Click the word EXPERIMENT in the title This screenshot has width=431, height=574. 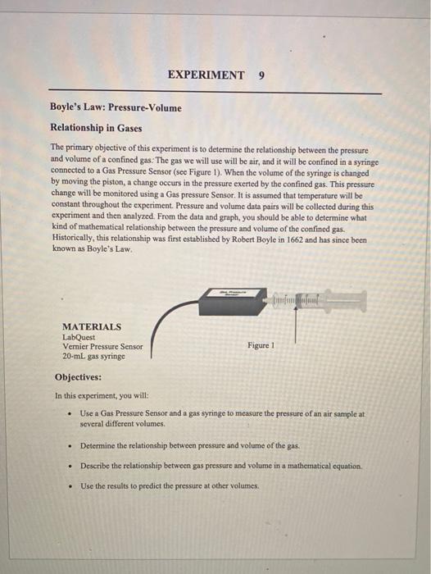pyautogui.click(x=206, y=75)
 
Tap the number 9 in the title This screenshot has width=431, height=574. pyautogui.click(x=261, y=75)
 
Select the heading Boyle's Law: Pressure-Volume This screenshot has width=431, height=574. pyautogui.click(x=116, y=107)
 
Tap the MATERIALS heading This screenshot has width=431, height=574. pyautogui.click(x=92, y=326)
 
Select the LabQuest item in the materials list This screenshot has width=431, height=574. pyautogui.click(x=79, y=336)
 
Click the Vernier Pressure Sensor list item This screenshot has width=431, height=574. pyautogui.click(x=102, y=346)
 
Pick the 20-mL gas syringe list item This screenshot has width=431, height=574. pyautogui.click(x=93, y=357)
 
